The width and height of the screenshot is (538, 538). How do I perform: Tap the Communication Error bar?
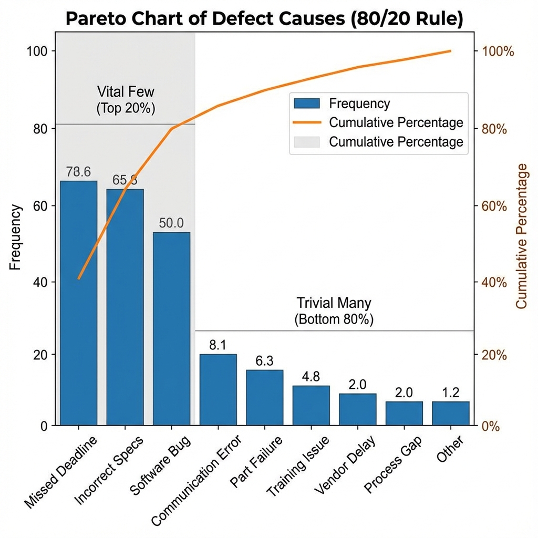coord(218,389)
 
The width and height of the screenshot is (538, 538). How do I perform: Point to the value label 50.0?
coord(171,223)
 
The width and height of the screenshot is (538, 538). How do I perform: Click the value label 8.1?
coord(218,345)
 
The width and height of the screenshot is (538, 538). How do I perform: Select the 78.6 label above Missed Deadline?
coord(78,172)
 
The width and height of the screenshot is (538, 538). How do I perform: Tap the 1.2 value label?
coord(450,392)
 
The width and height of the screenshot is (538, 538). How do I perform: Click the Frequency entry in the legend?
coord(359,104)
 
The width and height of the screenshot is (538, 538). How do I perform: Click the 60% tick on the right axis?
coord(491,205)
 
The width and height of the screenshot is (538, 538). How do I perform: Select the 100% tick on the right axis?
coord(494,51)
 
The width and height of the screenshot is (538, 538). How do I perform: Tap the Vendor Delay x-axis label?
coord(345,464)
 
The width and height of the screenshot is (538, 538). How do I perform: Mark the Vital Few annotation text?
coord(126,92)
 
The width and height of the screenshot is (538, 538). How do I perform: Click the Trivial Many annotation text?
coord(334,303)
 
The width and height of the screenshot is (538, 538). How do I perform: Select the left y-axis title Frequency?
coord(16,237)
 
